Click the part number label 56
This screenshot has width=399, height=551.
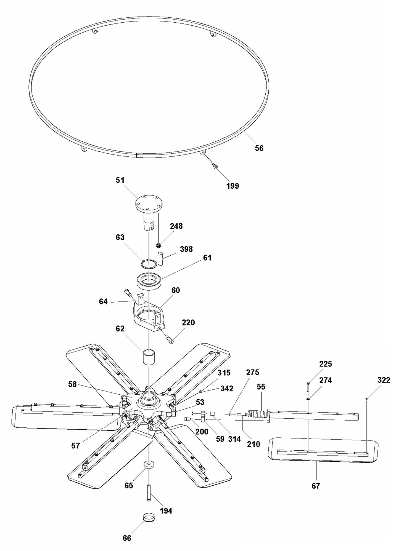[259, 148]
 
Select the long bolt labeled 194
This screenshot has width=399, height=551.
[149, 493]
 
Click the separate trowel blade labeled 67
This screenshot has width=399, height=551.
[323, 451]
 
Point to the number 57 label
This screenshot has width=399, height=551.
[75, 445]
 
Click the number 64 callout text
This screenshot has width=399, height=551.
[103, 302]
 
